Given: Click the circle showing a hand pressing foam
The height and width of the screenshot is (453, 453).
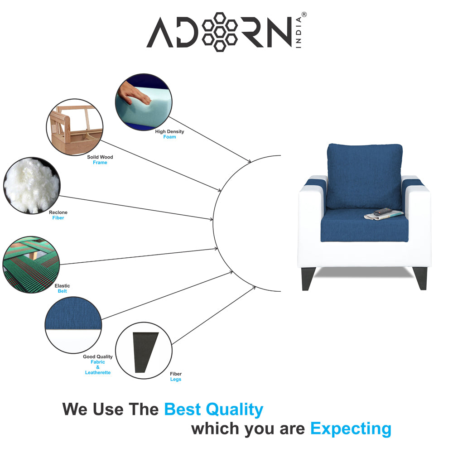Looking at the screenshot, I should point(144,102).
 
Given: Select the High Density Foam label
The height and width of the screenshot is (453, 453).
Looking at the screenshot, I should point(169,134).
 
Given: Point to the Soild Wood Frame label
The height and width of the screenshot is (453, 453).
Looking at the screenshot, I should point(100,160).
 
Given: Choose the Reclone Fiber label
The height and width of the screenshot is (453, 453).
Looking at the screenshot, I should point(58,215).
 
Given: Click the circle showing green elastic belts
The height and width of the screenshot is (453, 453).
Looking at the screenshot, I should point(31,264).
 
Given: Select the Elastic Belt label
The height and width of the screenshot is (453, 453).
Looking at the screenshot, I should point(62,289).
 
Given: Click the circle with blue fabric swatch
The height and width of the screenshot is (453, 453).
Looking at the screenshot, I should point(73,325).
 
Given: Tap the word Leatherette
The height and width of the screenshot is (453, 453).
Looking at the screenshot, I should point(97,372).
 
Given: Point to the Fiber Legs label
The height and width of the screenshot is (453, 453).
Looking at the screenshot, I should point(176,376).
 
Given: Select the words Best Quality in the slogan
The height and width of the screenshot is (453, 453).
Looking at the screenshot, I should point(213,410).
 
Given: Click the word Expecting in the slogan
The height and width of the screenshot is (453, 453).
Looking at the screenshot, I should point(351,429).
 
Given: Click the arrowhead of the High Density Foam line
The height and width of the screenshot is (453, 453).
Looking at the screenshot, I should point(249,161).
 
